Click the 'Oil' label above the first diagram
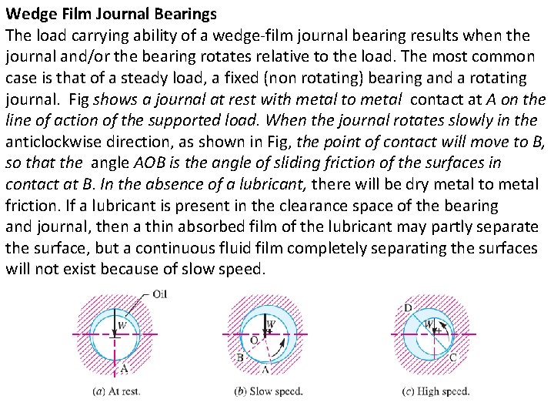(x=160, y=294)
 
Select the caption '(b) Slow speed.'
(x=269, y=391)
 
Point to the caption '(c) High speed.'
(x=436, y=391)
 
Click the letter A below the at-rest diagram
(x=124, y=369)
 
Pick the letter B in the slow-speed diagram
(x=240, y=357)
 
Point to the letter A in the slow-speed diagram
(x=265, y=369)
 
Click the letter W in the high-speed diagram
(x=430, y=324)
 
